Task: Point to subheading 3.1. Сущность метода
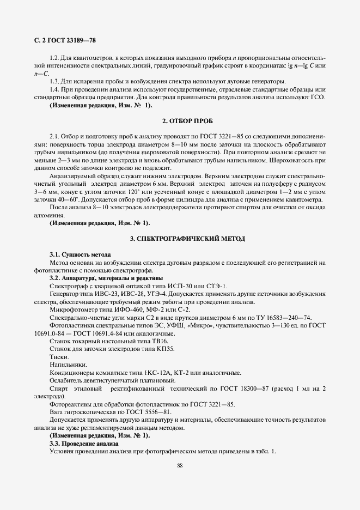point(80,254)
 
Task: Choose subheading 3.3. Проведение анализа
point(80,444)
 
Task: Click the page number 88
point(180,465)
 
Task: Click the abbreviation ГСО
point(317,98)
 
